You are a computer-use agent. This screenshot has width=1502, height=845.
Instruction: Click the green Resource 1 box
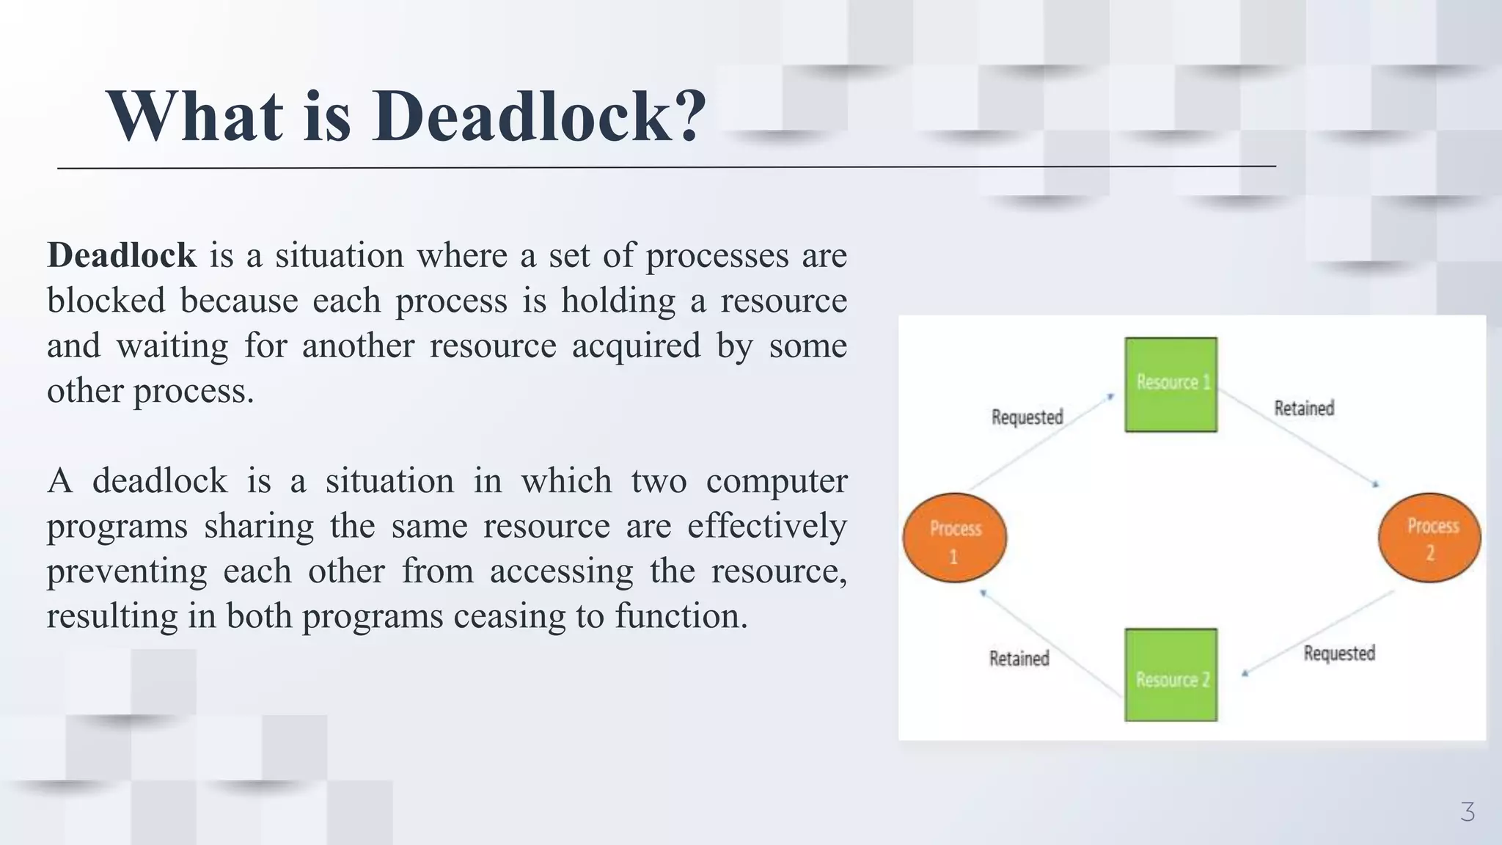tap(1171, 384)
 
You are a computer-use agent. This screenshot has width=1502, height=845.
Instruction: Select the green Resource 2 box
tap(1171, 675)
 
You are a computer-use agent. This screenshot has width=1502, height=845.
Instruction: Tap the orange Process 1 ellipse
tap(954, 538)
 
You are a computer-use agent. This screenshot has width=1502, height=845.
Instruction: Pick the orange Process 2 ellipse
tap(1429, 538)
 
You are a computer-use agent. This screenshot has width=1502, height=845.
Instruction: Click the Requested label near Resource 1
tap(1027, 417)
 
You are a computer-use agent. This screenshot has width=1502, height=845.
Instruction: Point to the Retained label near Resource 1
tap(1303, 409)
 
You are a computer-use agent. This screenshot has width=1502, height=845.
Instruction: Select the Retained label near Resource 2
tap(1019, 659)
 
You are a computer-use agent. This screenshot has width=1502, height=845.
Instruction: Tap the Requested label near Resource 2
tap(1338, 653)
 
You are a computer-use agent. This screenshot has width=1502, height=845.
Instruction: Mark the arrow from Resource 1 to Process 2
tap(1298, 437)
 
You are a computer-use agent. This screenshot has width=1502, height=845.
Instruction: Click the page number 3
tap(1467, 812)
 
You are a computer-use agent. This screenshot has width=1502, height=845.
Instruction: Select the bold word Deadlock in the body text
tap(122, 255)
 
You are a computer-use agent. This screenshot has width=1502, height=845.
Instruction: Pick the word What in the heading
tap(194, 116)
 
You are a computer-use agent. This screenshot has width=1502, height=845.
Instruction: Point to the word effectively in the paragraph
tap(766, 526)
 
